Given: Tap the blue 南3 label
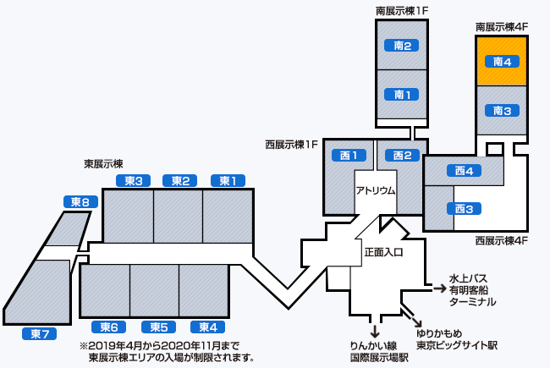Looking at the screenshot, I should tap(503, 111).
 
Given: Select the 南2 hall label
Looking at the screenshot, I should tap(402, 46).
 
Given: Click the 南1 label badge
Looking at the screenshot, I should tap(402, 94).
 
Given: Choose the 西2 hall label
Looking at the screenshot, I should tap(402, 156).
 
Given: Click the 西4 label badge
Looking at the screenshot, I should tap(463, 171).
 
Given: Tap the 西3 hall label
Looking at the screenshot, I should tap(463, 208).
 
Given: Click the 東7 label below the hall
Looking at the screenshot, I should tap(40, 333).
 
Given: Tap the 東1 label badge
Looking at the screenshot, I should tap(227, 180).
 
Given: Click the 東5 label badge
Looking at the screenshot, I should tap(158, 327).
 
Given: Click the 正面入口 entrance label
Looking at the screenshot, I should tap(383, 251).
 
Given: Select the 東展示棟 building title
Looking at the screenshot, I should tap(103, 163).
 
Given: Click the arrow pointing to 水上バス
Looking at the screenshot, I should tap(439, 288).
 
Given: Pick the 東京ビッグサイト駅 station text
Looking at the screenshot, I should tap(456, 345).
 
